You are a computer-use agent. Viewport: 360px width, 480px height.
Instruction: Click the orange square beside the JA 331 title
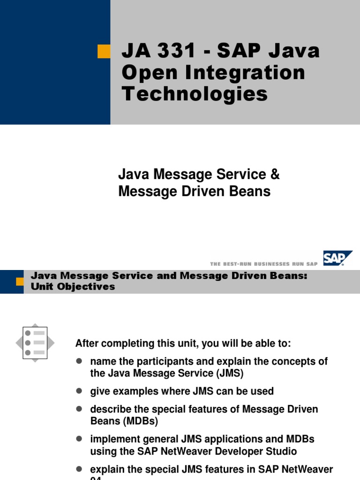coord(104,52)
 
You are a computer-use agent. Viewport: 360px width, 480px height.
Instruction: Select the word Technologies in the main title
coord(195,94)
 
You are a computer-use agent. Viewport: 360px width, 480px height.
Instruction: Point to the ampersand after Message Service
coord(275,175)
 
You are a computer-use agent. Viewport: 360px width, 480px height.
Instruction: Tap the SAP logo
coord(337,258)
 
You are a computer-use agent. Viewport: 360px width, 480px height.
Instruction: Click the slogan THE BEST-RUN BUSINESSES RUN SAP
coord(264,264)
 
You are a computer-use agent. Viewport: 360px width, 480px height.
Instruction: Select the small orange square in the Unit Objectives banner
coord(20,281)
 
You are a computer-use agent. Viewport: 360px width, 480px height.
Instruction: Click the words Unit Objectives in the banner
coord(73,286)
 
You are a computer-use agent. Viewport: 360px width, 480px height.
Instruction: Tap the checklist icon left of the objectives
coord(35,343)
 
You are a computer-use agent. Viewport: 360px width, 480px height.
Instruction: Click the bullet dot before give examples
coord(79,390)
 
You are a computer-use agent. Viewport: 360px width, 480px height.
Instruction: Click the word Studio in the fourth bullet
coord(281,451)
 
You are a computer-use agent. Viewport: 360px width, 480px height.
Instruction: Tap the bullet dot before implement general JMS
coord(79,439)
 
